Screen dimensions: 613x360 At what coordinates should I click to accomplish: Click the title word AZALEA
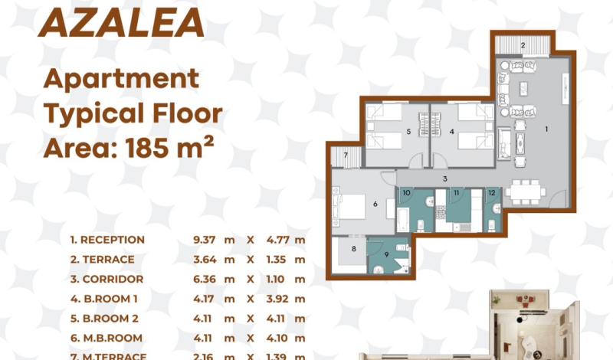tap(122, 22)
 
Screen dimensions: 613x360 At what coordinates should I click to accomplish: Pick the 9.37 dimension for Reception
tap(204, 240)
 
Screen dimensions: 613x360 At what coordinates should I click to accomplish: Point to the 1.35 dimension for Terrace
tap(277, 260)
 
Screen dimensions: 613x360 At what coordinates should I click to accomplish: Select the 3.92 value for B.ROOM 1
tap(277, 299)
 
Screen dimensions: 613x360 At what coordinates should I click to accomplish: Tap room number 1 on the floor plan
tap(546, 129)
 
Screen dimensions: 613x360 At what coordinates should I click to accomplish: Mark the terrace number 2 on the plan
tap(523, 45)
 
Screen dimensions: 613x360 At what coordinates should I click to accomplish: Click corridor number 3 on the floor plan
tap(445, 179)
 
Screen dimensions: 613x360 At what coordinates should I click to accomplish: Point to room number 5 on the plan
tap(408, 132)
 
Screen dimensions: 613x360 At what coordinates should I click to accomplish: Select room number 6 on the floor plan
tap(375, 204)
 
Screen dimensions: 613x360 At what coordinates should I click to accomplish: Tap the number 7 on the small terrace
tap(346, 155)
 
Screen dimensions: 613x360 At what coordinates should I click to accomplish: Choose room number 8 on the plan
tap(354, 249)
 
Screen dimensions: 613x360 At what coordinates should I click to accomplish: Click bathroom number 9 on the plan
tap(386, 255)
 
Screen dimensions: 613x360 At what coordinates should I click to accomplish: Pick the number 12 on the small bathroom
tap(492, 193)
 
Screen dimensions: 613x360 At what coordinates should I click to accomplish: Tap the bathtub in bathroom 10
tap(403, 220)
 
